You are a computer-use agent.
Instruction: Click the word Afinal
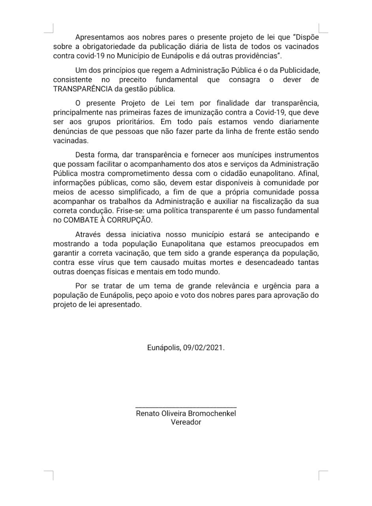coord(308,173)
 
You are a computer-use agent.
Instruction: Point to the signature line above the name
coord(186,407)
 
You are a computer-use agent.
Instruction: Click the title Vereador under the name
coord(186,422)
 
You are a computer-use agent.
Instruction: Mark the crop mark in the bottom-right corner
coord(323,475)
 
